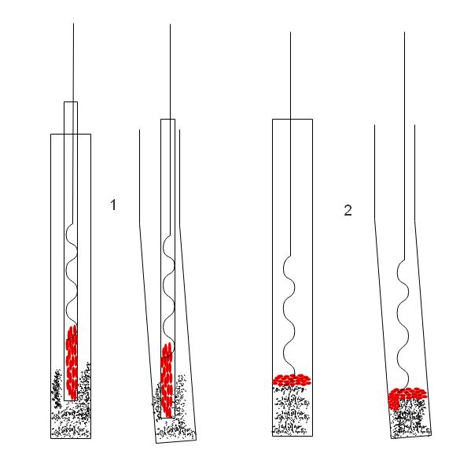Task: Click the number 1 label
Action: [113, 205]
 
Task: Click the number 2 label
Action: [348, 210]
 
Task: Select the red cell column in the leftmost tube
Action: [72, 363]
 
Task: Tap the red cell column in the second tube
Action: [167, 380]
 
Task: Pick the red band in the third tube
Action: [292, 380]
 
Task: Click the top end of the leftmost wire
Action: [74, 24]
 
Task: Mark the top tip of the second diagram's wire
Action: [171, 24]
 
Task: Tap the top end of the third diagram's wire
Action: [291, 32]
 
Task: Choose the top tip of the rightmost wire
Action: [405, 32]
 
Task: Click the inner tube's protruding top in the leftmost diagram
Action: [71, 102]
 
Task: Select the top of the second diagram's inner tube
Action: [167, 120]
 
